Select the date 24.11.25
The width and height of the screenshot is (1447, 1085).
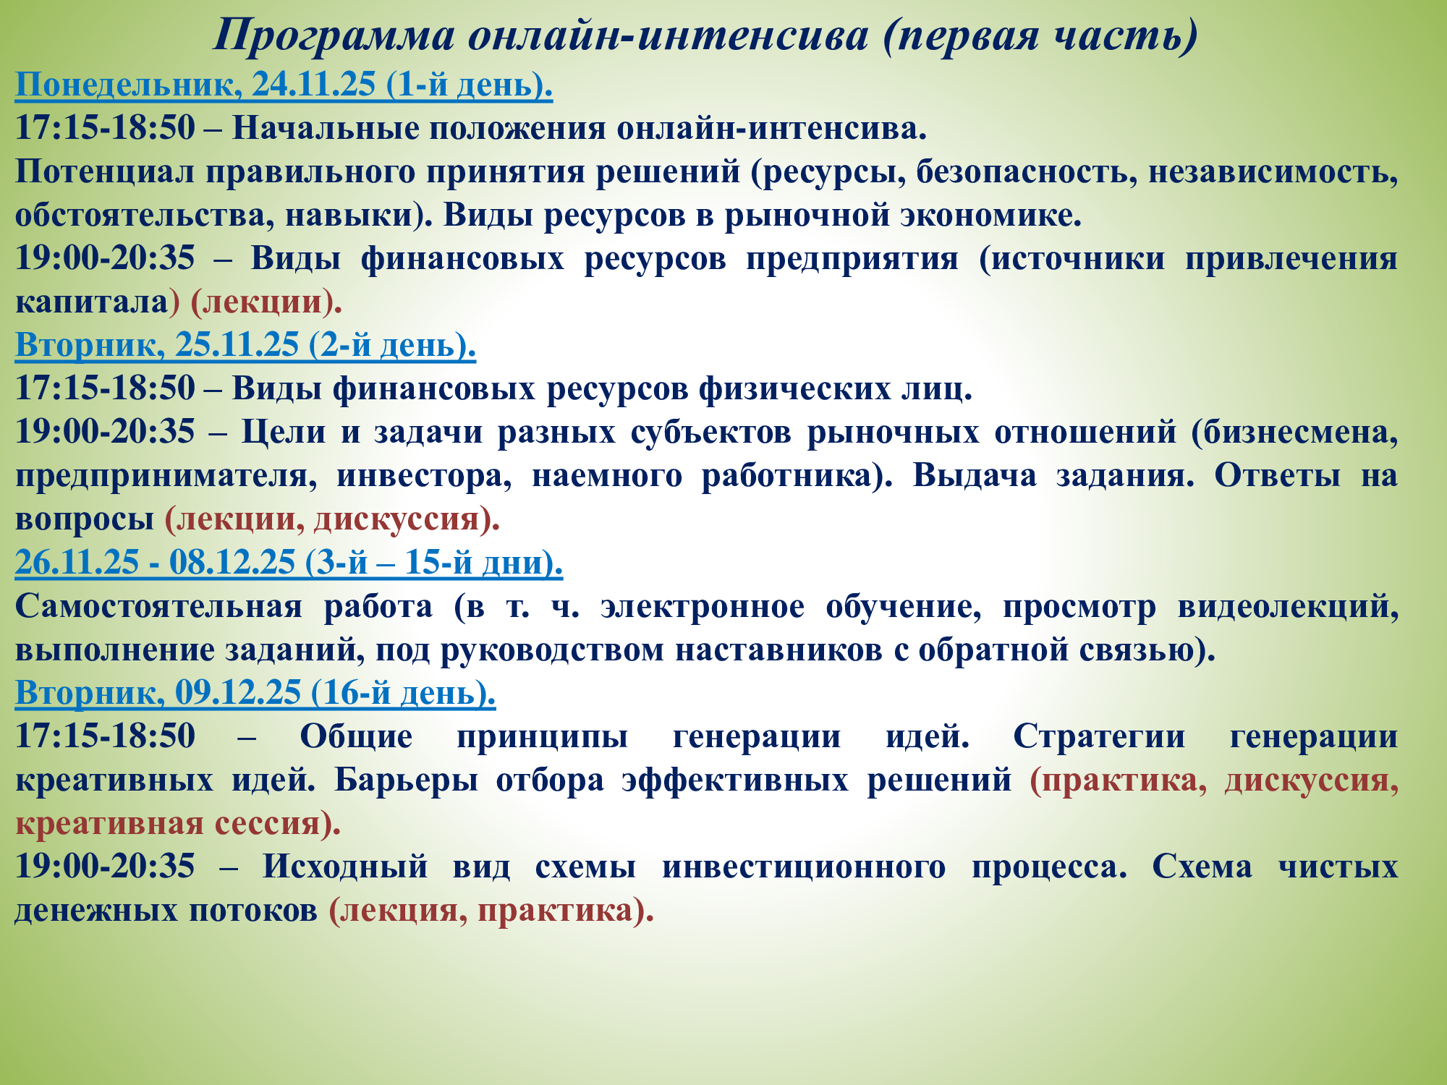tap(314, 85)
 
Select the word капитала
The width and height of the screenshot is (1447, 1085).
tap(92, 302)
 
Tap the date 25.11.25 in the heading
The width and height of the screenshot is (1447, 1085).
tap(237, 345)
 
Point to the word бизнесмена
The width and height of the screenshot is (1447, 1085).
tap(1295, 433)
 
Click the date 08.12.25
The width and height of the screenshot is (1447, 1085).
tap(232, 563)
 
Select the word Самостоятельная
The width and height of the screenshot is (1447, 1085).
tap(159, 606)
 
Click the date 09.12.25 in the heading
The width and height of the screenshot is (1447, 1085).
tap(238, 693)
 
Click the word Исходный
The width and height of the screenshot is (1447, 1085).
tap(345, 867)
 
